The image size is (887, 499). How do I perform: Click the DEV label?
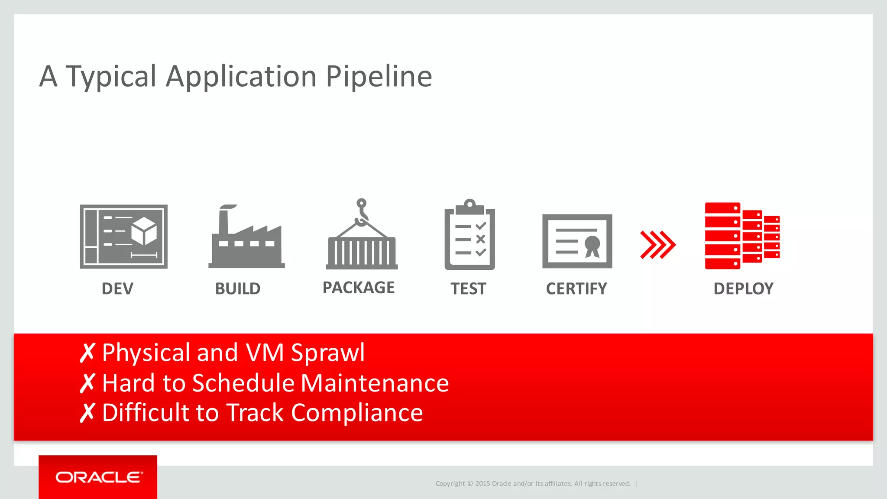(x=117, y=288)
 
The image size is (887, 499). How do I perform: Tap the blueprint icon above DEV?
(x=123, y=237)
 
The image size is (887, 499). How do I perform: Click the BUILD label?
(x=238, y=288)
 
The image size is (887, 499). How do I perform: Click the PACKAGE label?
(x=359, y=288)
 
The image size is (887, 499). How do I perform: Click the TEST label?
(x=468, y=288)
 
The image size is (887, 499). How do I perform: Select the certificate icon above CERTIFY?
(x=577, y=241)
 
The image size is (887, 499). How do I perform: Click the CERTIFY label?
(x=576, y=288)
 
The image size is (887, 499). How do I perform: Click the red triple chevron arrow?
(x=657, y=245)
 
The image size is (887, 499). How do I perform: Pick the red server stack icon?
(x=741, y=236)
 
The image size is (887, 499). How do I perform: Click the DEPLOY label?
(x=743, y=288)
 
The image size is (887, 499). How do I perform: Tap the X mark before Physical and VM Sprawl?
(x=87, y=353)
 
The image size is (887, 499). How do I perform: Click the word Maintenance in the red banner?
(x=375, y=383)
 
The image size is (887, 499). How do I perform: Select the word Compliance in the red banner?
(x=357, y=413)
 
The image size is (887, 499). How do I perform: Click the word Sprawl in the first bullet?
(x=328, y=353)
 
